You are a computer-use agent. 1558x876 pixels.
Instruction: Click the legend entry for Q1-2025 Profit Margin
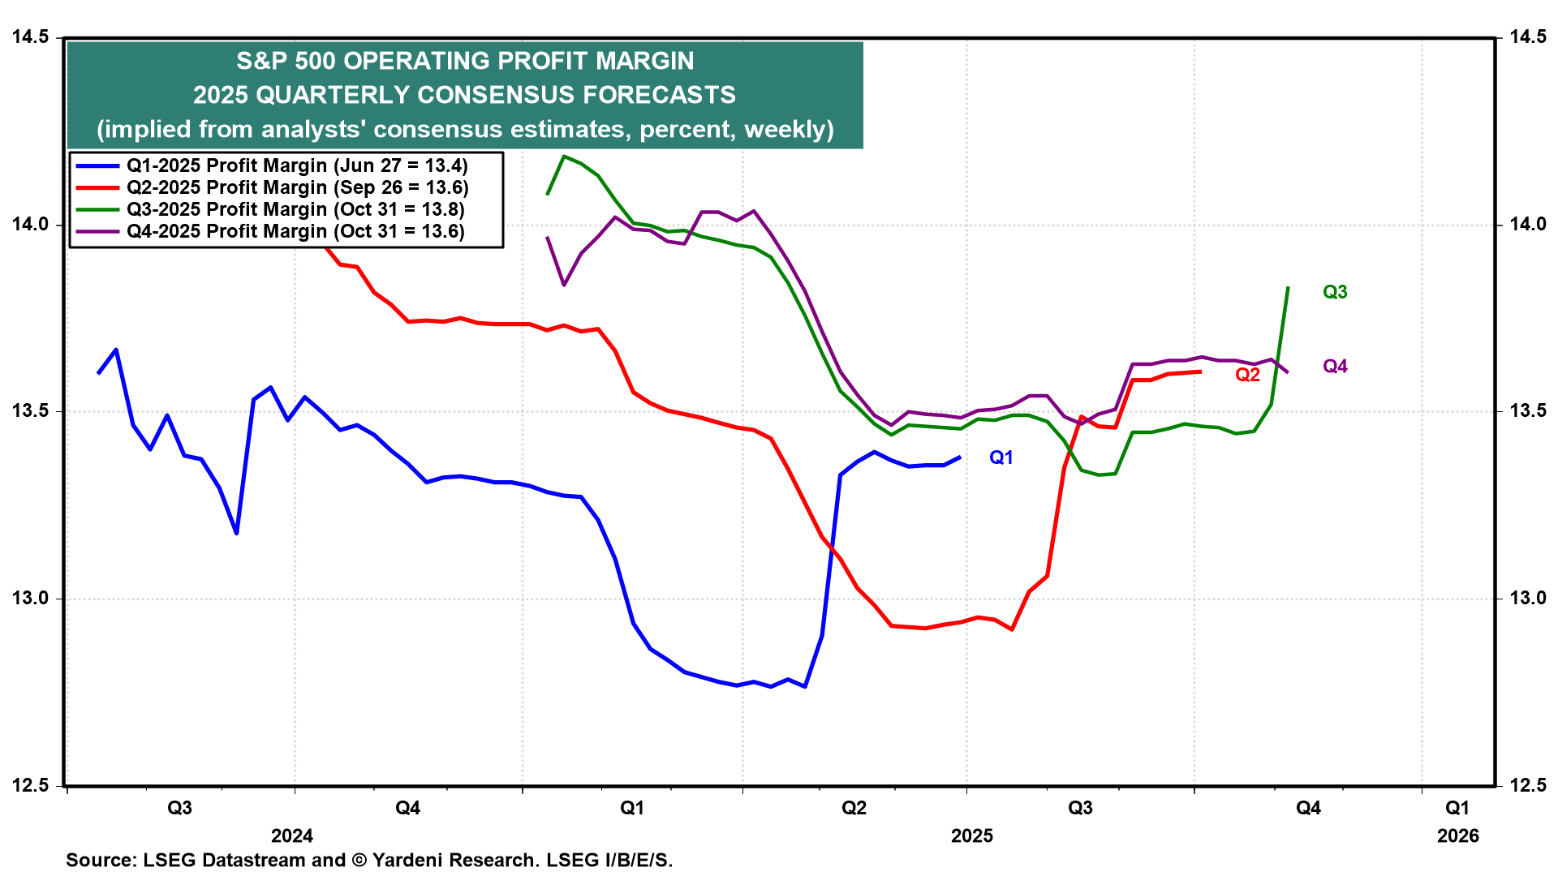(x=297, y=165)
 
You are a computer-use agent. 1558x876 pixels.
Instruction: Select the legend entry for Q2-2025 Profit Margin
(x=297, y=187)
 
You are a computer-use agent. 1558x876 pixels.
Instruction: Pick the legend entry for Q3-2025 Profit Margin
(x=295, y=209)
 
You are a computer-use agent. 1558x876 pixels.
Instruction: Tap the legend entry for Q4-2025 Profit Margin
(x=295, y=231)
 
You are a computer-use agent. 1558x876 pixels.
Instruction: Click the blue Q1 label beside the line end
(x=1001, y=457)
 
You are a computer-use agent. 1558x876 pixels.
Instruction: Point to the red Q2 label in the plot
(x=1247, y=375)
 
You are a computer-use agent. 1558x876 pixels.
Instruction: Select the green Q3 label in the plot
(x=1335, y=292)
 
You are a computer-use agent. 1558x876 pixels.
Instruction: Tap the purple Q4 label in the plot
(x=1335, y=367)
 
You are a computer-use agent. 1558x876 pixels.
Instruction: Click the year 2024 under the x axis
(x=291, y=836)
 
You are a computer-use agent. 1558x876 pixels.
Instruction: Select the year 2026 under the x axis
(x=1457, y=836)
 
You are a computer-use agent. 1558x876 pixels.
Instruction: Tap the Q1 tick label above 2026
(x=1457, y=808)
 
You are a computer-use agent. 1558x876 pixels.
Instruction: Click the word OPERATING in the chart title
(x=412, y=61)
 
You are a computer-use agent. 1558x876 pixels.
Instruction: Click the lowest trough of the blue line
(x=804, y=687)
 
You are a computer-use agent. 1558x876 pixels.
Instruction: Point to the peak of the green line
(x=564, y=156)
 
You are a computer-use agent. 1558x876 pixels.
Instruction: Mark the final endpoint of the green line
(x=1289, y=288)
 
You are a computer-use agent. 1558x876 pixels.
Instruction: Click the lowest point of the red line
(x=1012, y=629)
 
